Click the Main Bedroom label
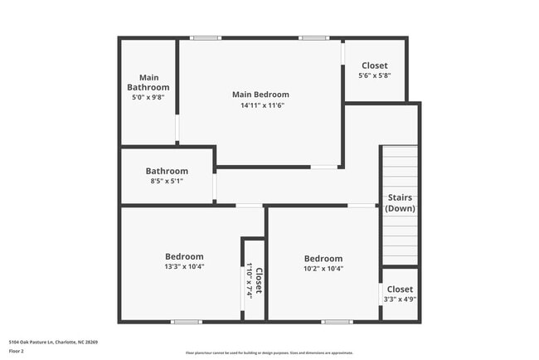[260, 95]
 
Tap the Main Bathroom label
[148, 82]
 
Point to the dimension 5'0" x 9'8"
[148, 97]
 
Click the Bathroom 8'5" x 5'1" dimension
[167, 181]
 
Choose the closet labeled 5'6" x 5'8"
[374, 70]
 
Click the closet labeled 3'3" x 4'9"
[398, 294]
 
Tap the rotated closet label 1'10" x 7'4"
[254, 280]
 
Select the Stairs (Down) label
[399, 203]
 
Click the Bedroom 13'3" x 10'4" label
[183, 261]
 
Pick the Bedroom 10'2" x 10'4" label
[323, 263]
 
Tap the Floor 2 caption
[17, 351]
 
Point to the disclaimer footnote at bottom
[269, 353]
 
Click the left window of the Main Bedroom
[205, 37]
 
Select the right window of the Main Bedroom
[313, 37]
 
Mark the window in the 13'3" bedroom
[187, 322]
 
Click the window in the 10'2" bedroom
[337, 322]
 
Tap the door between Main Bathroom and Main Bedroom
[177, 130]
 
